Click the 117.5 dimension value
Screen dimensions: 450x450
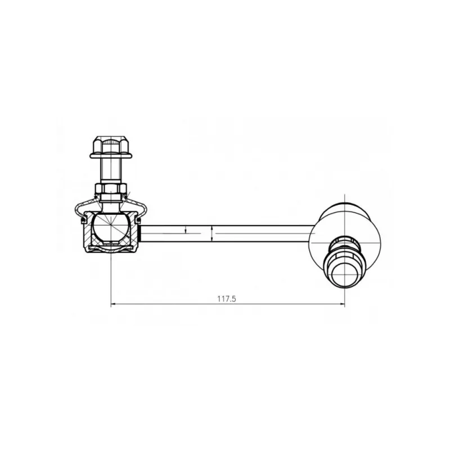click(227, 299)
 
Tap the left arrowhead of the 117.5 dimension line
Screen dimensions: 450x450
click(113, 304)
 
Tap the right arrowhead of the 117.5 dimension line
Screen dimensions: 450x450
click(343, 304)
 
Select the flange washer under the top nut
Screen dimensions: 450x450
click(111, 156)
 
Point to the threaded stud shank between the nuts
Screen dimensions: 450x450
click(111, 171)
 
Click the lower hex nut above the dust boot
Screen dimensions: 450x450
click(111, 188)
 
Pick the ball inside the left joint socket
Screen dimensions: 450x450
click(110, 227)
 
